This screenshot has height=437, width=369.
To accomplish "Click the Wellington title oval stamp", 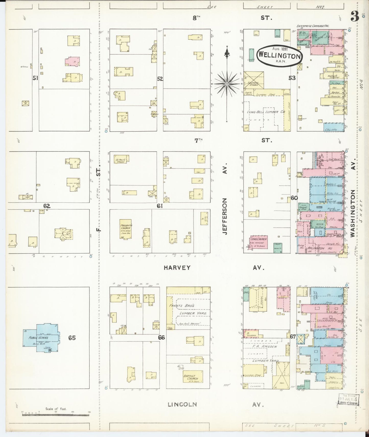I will pyautogui.click(x=279, y=55).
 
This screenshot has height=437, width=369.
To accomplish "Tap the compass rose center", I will pyautogui.click(x=227, y=83).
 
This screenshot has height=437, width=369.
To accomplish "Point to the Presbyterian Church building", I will pyautogui.click(x=125, y=229).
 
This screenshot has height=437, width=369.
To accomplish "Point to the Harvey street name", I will pyautogui.click(x=177, y=268).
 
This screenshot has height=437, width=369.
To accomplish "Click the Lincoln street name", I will pyautogui.click(x=182, y=404).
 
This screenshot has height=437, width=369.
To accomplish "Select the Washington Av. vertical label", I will pyautogui.click(x=353, y=208).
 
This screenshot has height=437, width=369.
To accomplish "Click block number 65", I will pyautogui.click(x=72, y=338).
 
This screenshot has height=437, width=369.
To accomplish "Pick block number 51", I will pyautogui.click(x=35, y=78).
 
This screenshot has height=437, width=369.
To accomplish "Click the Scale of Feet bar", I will pyautogui.click(x=56, y=415).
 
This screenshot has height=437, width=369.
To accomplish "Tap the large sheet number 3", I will pyautogui.click(x=354, y=17).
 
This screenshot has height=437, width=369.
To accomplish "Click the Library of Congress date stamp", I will pyautogui.click(x=348, y=400).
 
